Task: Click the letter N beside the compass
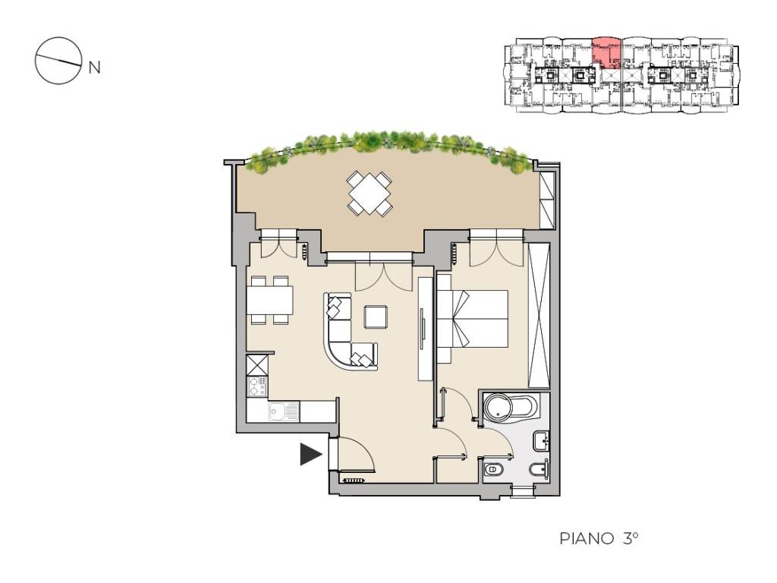(x=94, y=67)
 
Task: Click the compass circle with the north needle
(x=58, y=61)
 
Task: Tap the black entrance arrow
(x=311, y=454)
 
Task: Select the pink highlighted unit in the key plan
(x=606, y=52)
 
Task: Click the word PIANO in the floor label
(x=587, y=538)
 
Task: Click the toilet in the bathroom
(x=492, y=468)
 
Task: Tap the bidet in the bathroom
(x=539, y=469)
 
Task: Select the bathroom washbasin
(x=541, y=441)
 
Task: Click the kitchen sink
(x=284, y=411)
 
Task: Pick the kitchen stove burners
(x=257, y=386)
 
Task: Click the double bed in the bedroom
(x=472, y=318)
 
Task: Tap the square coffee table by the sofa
(x=376, y=317)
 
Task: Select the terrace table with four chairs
(x=370, y=193)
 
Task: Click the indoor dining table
(x=269, y=301)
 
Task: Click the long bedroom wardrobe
(x=539, y=315)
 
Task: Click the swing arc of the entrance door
(x=364, y=450)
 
